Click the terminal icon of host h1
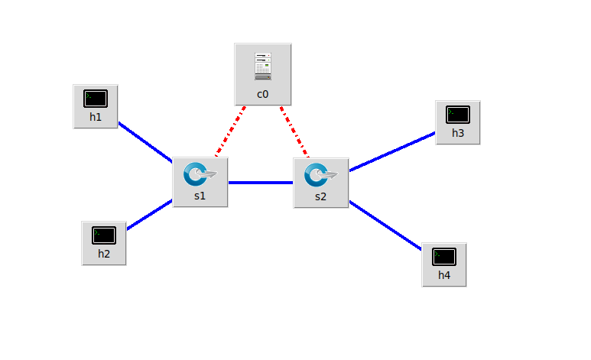coord(96,99)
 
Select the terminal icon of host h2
coord(104,235)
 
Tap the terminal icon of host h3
coord(457,115)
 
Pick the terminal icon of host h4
coord(444,257)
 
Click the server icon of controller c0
coord(263,66)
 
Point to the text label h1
coord(96,118)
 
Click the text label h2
coord(104,254)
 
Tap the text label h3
coord(457,133)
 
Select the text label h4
coord(444,275)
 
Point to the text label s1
coord(200,196)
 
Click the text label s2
coord(320,196)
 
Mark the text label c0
coord(262,95)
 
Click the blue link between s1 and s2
coord(261,183)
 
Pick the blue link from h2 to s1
coord(149,215)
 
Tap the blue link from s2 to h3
coord(391,151)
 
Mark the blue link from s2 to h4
coord(385,225)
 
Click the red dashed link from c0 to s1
coord(231,131)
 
